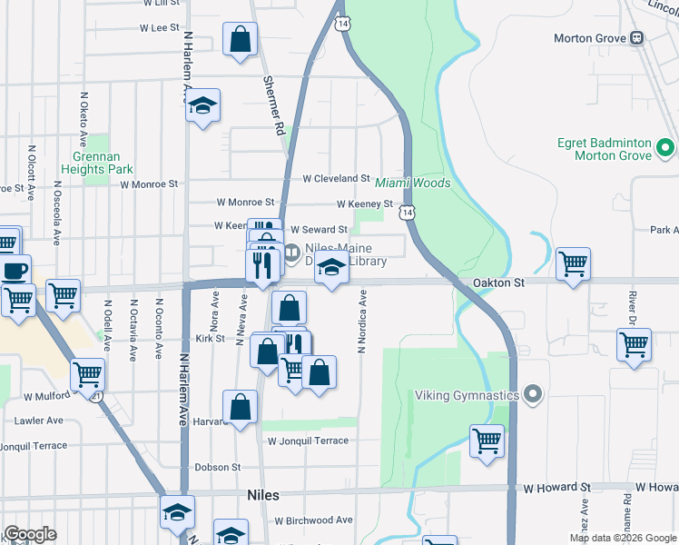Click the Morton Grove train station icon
[637, 38]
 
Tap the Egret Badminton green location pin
[664, 146]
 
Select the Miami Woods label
[413, 183]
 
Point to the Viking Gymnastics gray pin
[533, 395]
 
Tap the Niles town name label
[263, 496]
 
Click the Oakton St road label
[498, 283]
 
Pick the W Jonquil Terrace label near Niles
[308, 441]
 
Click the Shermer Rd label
[273, 105]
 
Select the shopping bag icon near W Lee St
[240, 40]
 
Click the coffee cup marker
[15, 270]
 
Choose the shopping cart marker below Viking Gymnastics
[487, 441]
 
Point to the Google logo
[30, 534]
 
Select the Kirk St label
[210, 338]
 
